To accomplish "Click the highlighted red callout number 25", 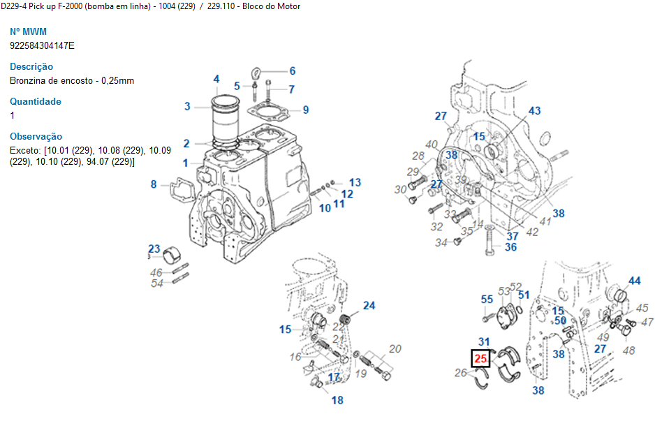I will pos(480,359).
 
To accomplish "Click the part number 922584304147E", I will pos(42,45).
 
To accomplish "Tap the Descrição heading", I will pos(31,67).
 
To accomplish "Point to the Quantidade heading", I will pos(36,102).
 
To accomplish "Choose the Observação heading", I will pos(36,137).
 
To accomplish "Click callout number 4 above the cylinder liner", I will pos(216,79).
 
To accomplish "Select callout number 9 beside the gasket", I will pos(306,110).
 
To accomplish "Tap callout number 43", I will pos(534,111).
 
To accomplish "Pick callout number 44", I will pos(634,281).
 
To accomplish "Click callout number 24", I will pos(369,306).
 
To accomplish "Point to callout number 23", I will pos(154,249).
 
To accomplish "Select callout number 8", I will pos(154,184).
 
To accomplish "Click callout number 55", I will pos(487,300).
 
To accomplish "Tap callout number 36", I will pos(511,247).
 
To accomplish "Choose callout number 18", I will pos(337,401).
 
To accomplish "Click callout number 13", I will pos(355,183).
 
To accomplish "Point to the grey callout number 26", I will pos(460,373).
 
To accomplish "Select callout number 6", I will pos(293,71).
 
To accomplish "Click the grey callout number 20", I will pos(395,348).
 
